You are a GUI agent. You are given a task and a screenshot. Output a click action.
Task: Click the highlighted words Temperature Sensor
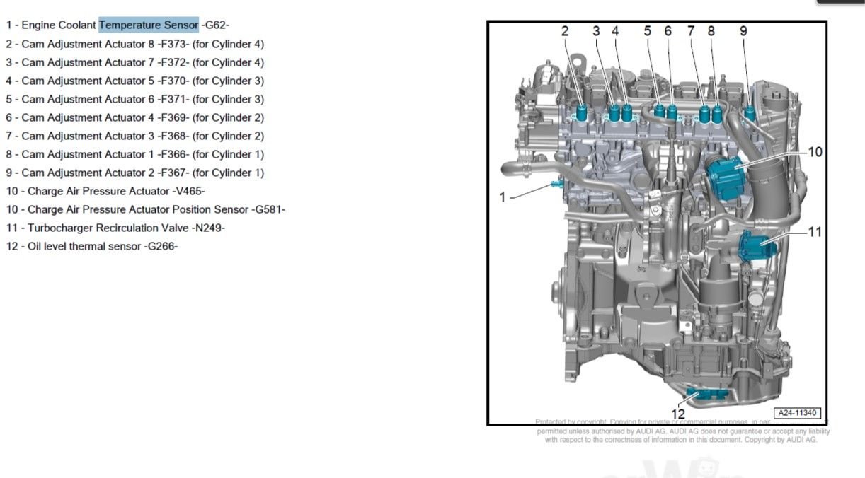tap(149, 25)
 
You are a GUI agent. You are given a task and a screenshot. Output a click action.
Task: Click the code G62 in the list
tap(215, 25)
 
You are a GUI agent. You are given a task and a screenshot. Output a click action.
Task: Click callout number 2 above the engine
tap(565, 31)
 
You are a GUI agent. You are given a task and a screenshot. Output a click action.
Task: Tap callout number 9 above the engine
tap(743, 31)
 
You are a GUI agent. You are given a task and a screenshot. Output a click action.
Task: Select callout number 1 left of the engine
tap(503, 197)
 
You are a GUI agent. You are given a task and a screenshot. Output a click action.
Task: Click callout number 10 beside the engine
tap(815, 151)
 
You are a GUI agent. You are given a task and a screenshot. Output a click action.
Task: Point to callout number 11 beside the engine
tap(815, 231)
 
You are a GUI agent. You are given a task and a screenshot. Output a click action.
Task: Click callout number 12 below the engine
tap(677, 414)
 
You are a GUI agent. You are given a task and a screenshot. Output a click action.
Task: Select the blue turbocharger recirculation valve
tap(757, 246)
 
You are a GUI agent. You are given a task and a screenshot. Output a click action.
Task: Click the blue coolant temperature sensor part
tap(556, 185)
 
